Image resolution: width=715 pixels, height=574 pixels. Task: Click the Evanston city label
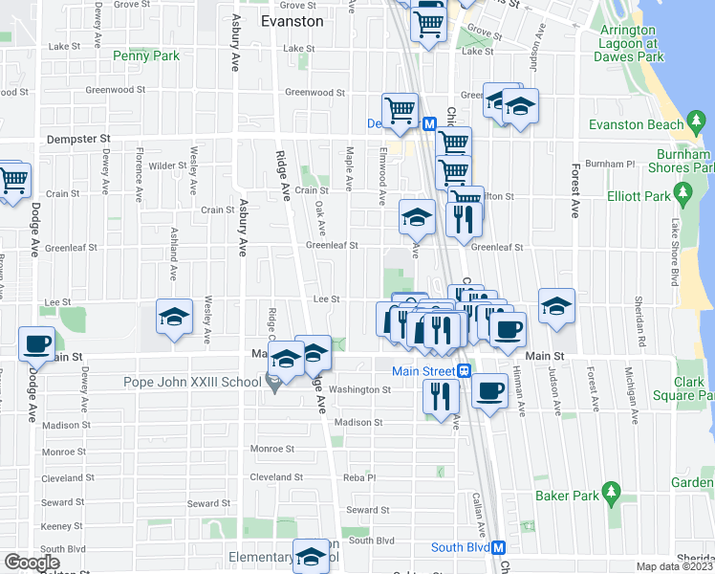click(292, 20)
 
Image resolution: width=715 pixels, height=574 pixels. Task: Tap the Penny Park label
click(146, 56)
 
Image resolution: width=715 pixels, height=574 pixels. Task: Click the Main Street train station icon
click(464, 370)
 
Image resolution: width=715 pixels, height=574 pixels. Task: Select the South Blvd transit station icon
click(498, 547)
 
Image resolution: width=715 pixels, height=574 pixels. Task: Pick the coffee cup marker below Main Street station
click(489, 390)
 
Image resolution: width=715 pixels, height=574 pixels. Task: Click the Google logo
click(32, 563)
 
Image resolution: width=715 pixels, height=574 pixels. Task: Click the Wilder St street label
click(167, 165)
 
